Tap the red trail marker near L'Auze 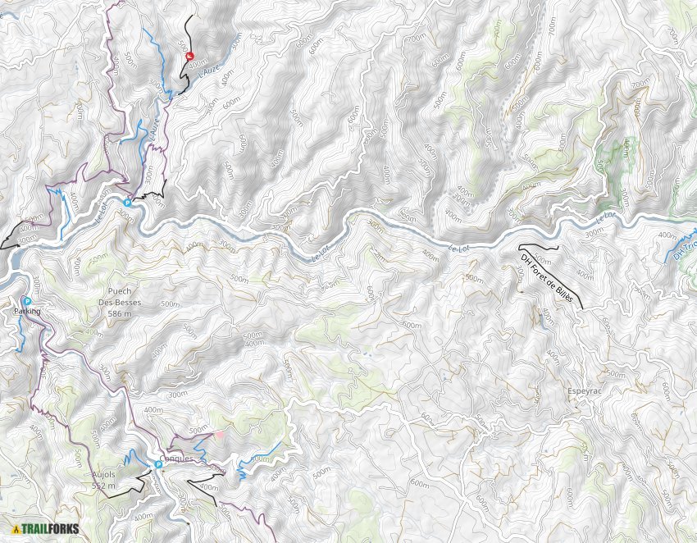[189, 57]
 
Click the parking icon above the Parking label [26, 301]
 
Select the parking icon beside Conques [158, 464]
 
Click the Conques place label [177, 459]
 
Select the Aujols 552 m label [104, 481]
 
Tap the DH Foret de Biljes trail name [545, 278]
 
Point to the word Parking [27, 312]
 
